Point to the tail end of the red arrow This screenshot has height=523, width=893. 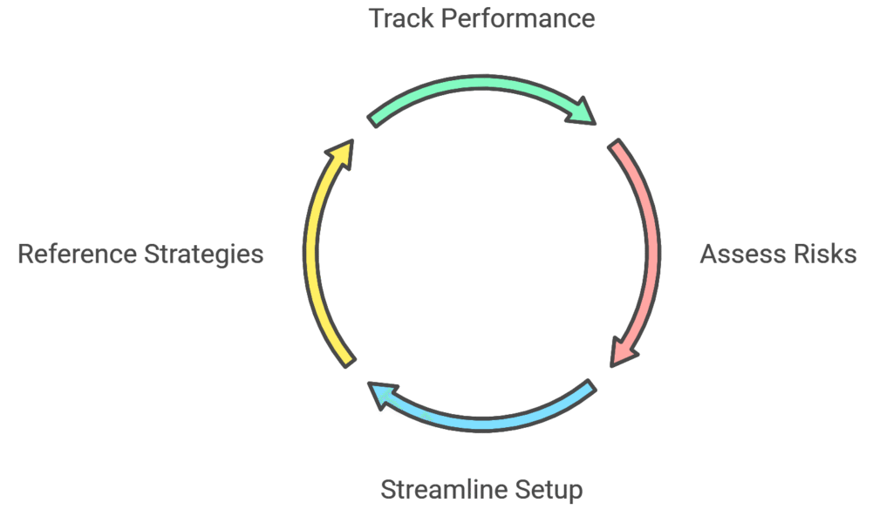click(617, 147)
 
